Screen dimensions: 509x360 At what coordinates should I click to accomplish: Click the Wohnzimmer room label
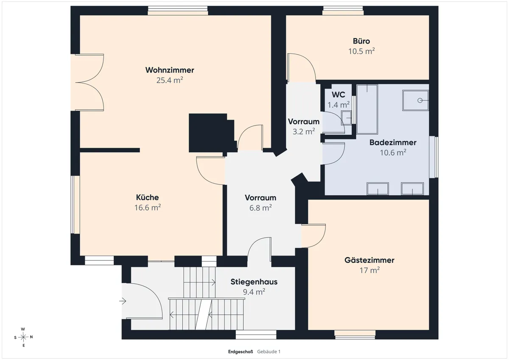[x=170, y=70]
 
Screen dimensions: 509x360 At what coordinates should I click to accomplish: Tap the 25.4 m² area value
[x=170, y=80]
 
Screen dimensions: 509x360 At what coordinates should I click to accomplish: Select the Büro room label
[x=361, y=41]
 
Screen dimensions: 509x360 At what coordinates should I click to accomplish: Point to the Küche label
[x=148, y=197]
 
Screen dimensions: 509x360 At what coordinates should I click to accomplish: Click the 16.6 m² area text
[x=148, y=208]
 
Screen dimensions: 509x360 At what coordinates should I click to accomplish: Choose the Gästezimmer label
[x=369, y=260]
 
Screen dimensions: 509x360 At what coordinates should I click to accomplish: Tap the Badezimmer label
[x=393, y=142]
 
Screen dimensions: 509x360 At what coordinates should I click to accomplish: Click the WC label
[x=338, y=95]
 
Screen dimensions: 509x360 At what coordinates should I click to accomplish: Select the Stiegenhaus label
[x=254, y=282]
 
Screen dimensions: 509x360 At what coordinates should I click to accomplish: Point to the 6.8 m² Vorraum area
[x=260, y=208]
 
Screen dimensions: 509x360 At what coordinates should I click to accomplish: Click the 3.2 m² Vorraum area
[x=304, y=131]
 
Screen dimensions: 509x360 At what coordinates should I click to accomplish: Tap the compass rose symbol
[x=23, y=337]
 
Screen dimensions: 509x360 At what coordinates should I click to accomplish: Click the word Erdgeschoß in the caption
[x=241, y=352]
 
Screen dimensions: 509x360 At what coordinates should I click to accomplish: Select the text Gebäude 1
[x=269, y=352]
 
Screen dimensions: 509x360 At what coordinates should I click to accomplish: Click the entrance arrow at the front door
[x=123, y=301]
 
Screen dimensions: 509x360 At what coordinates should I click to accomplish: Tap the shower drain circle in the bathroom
[x=420, y=100]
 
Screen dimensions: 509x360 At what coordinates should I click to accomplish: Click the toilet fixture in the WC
[x=346, y=118]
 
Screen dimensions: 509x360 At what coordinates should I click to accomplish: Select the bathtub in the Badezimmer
[x=367, y=109]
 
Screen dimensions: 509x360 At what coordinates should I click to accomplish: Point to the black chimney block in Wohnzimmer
[x=211, y=133]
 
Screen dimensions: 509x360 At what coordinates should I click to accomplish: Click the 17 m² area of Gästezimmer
[x=369, y=270]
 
